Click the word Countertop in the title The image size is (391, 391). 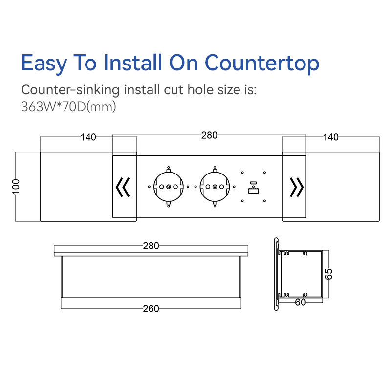pyautogui.click(x=262, y=63)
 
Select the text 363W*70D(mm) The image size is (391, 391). pyautogui.click(x=68, y=107)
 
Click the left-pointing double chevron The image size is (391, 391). pyautogui.click(x=123, y=187)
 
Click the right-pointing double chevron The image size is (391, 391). pyautogui.click(x=297, y=187)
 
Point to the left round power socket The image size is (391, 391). pyautogui.click(x=169, y=187)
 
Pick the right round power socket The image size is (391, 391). pyautogui.click(x=215, y=187)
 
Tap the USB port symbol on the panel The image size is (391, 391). pyautogui.click(x=253, y=188)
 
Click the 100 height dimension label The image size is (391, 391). pyautogui.click(x=16, y=186)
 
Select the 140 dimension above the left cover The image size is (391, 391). pyautogui.click(x=88, y=137)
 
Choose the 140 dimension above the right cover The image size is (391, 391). pyautogui.click(x=331, y=137)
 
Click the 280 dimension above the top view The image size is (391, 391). pyautogui.click(x=209, y=135)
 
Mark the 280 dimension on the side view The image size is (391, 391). pyautogui.click(x=151, y=246)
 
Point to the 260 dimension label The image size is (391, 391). pyautogui.click(x=151, y=309)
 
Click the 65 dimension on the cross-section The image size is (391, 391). pyautogui.click(x=328, y=274)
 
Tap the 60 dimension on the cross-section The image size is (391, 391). pyautogui.click(x=300, y=303)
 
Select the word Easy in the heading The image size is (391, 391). pyautogui.click(x=44, y=64)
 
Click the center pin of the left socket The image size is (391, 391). pyautogui.click(x=169, y=187)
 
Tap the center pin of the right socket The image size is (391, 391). pyautogui.click(x=215, y=187)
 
